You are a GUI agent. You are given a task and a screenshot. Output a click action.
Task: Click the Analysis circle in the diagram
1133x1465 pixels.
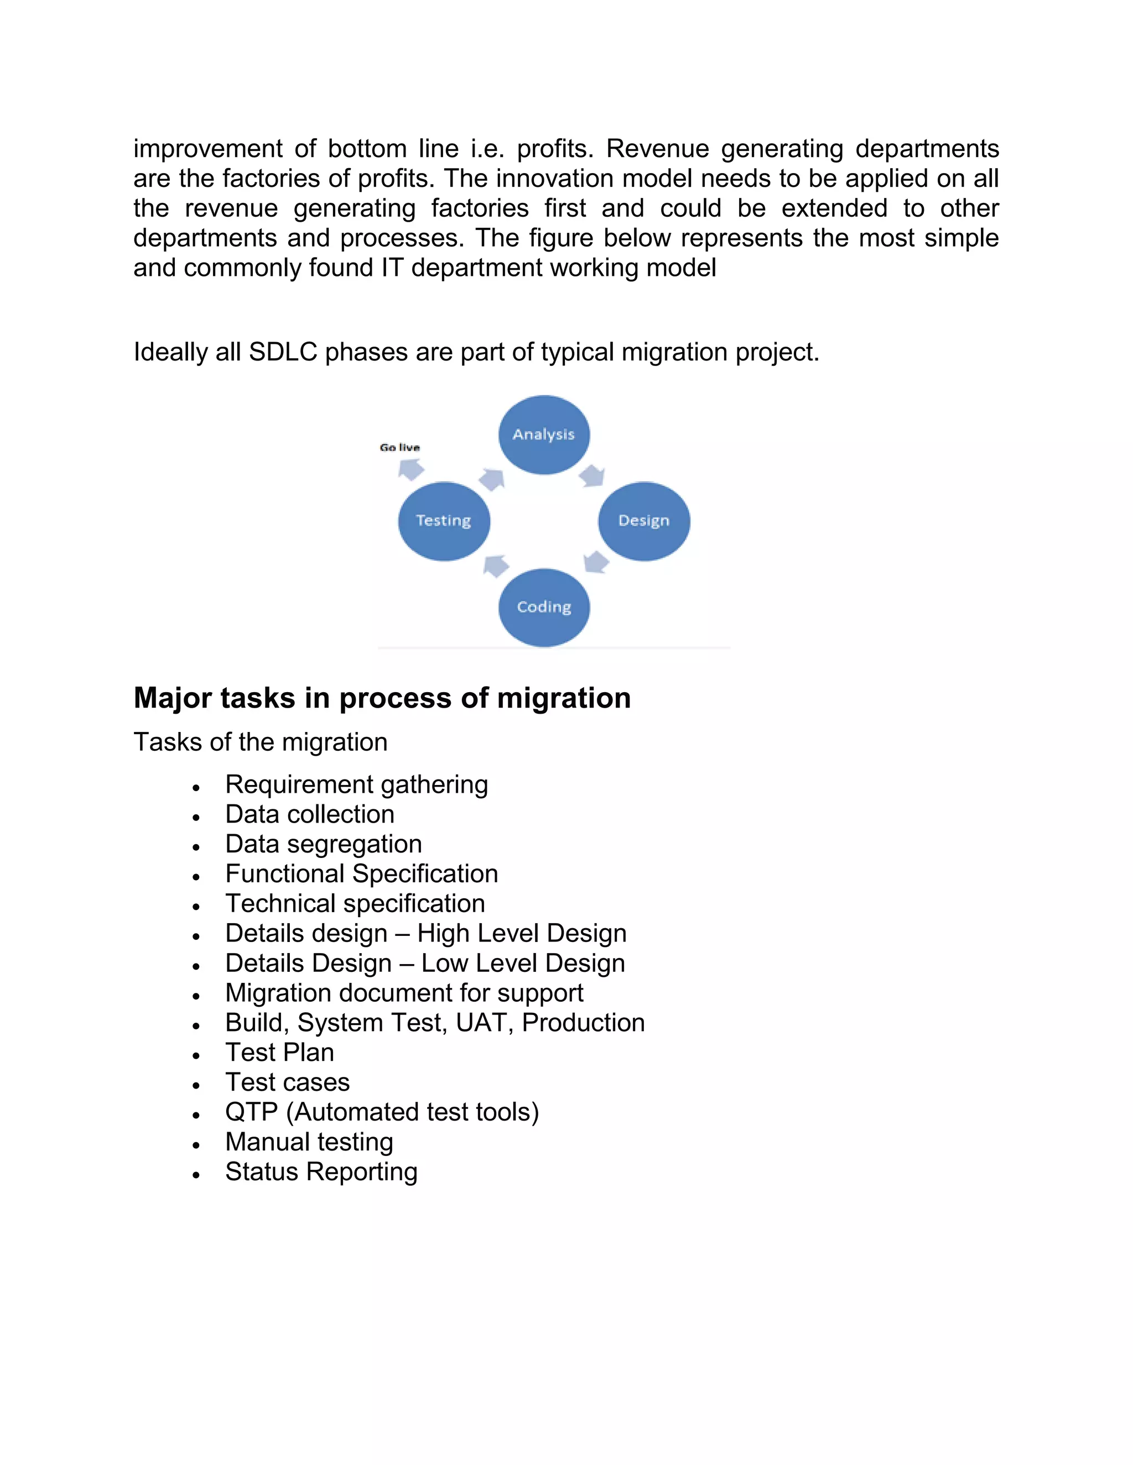click(x=544, y=435)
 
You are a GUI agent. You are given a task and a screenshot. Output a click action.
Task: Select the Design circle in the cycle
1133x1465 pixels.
click(x=644, y=521)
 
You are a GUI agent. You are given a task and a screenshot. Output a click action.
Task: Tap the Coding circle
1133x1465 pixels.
click(x=544, y=607)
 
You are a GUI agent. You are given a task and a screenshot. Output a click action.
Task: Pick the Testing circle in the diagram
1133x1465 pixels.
click(x=444, y=521)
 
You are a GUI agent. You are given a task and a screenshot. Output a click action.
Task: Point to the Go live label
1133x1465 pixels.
click(x=399, y=447)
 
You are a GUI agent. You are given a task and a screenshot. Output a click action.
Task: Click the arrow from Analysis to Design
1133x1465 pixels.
click(x=592, y=475)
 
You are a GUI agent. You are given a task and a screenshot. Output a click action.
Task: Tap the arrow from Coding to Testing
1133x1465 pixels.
click(x=496, y=566)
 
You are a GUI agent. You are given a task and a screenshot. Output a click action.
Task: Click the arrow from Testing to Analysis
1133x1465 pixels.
click(x=492, y=479)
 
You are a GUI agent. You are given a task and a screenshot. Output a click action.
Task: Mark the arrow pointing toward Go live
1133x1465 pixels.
click(x=411, y=469)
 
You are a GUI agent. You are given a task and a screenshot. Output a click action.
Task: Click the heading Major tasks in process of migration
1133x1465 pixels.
click(x=382, y=698)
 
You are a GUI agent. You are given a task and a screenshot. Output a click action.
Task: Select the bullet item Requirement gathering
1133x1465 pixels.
click(x=356, y=784)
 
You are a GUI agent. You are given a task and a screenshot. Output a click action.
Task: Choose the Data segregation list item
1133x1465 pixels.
click(x=324, y=844)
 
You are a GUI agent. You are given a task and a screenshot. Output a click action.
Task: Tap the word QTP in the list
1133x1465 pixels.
click(x=252, y=1112)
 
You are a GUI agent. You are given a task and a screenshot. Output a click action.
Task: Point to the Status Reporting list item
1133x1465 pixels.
click(x=321, y=1172)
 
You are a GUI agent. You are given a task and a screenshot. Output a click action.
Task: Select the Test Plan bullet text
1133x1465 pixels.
click(x=279, y=1053)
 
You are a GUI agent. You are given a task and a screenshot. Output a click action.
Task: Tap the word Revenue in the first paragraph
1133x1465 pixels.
click(x=657, y=149)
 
